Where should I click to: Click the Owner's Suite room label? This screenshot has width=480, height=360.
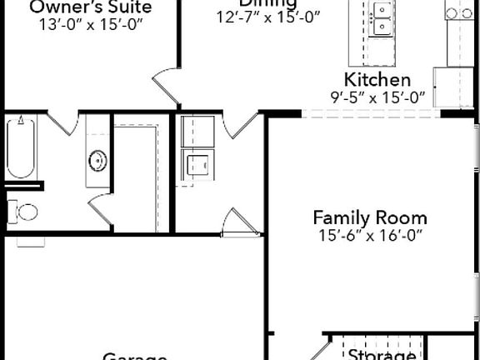coord(91,7)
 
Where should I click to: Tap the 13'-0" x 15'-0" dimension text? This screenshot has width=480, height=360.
coord(91,24)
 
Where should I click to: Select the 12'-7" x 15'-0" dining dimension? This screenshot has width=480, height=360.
coord(268,17)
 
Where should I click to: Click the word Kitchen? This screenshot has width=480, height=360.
coord(377,80)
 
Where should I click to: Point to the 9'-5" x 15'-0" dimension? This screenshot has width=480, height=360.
coord(377,97)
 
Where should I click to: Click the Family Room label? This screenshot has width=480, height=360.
coord(370,217)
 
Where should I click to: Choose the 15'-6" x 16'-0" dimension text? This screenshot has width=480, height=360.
coord(370,236)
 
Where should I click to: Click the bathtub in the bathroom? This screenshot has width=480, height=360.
coord(21,147)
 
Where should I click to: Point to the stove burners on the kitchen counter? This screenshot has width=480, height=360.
coord(459,12)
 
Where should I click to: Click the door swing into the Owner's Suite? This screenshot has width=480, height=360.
coord(166,87)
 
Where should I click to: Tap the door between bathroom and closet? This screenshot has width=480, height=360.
coord(101,208)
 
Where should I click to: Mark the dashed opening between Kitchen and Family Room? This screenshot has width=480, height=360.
coord(370,114)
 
